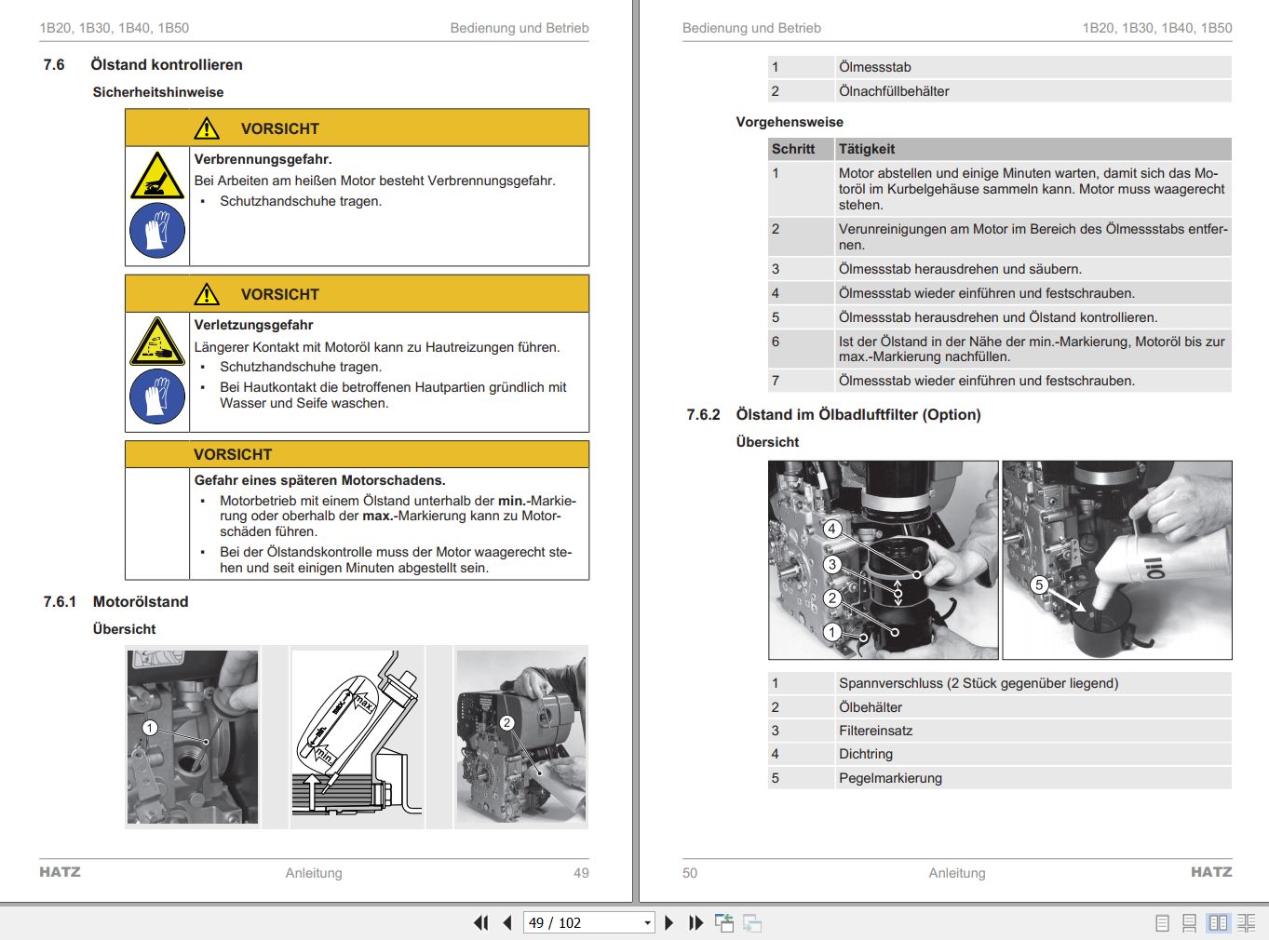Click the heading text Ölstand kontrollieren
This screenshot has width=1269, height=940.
[x=166, y=65]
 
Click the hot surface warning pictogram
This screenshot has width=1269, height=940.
[x=156, y=176]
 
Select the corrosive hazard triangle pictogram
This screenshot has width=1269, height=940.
[x=156, y=342]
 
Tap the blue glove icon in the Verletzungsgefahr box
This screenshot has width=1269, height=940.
[x=156, y=396]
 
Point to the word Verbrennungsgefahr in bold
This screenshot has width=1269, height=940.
[x=263, y=159]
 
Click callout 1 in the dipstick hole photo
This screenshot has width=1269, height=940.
[x=150, y=728]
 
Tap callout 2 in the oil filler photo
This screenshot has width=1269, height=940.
[x=506, y=723]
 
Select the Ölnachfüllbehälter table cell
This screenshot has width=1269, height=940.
[x=894, y=91]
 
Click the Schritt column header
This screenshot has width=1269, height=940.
[x=792, y=149]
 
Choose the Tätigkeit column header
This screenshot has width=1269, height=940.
[x=866, y=149]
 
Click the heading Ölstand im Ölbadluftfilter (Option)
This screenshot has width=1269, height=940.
[x=857, y=415]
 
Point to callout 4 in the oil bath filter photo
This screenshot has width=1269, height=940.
[x=832, y=529]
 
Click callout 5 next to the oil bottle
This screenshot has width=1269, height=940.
[x=1039, y=584]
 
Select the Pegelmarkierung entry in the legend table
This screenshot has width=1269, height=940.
[x=890, y=778]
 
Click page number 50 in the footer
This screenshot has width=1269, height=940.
[x=690, y=873]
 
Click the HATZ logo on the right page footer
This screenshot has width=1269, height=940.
[x=1210, y=872]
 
